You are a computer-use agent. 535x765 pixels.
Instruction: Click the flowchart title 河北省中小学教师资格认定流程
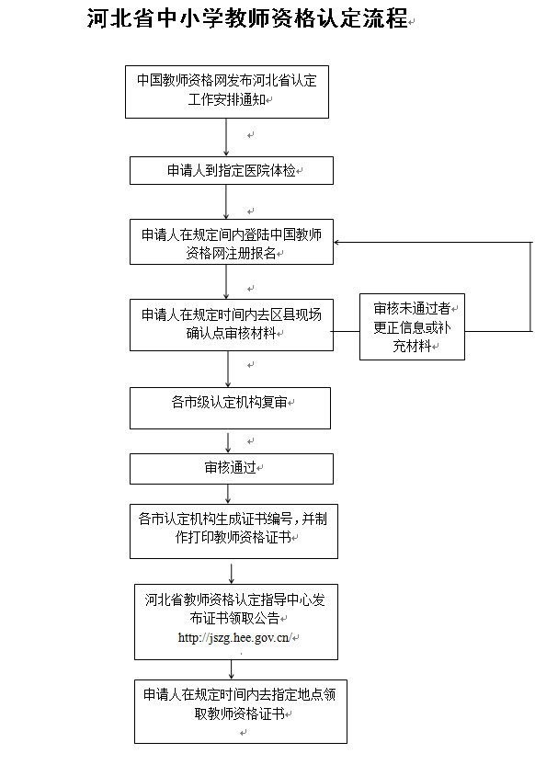coord(246,19)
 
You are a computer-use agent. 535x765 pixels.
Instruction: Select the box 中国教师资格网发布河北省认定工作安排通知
coord(226,91)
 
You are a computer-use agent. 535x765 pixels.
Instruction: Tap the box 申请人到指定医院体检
coord(230,170)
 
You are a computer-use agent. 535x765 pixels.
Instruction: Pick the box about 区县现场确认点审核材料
coord(231,324)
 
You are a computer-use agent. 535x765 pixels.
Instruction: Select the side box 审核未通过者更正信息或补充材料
coord(411,327)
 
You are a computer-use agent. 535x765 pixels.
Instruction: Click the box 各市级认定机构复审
coord(230,407)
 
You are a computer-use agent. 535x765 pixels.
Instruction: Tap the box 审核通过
coord(230,468)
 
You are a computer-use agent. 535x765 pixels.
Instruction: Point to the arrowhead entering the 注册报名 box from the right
coord(338,243)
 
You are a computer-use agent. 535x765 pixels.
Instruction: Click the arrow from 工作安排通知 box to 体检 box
coord(226,137)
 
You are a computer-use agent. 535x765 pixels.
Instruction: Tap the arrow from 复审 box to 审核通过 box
coord(226,441)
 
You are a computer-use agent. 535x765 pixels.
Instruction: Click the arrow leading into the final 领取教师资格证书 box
coord(232,668)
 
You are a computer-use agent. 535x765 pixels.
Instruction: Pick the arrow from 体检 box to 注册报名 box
coord(226,201)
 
